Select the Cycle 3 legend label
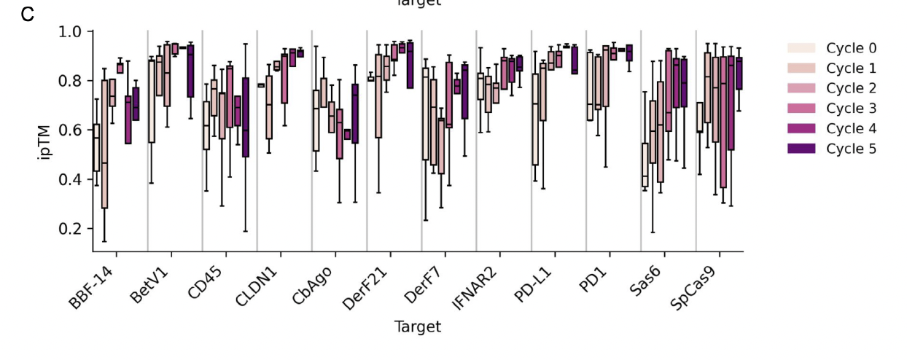pos(851,109)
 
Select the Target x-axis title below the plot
pos(418,326)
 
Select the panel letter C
pos(28,15)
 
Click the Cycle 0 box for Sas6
pos(645,165)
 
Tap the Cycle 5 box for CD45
pos(246,117)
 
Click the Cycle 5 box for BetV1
pos(191,71)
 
